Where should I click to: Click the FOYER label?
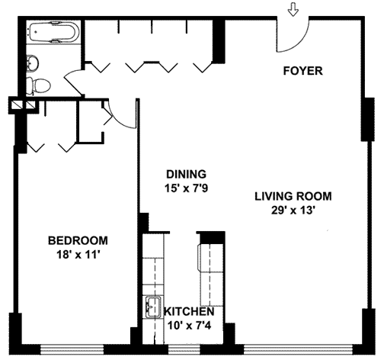[302, 71]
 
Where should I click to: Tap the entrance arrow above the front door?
[293, 10]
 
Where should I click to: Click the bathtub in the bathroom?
[54, 32]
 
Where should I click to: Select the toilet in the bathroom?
[38, 85]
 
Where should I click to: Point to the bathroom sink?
[32, 63]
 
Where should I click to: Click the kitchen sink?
[153, 307]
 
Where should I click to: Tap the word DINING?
[186, 174]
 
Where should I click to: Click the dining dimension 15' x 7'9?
[186, 188]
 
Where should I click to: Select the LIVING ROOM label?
[293, 196]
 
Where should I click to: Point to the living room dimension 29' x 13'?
[293, 211]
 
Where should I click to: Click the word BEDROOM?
[78, 240]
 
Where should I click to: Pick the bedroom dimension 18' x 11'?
[77, 255]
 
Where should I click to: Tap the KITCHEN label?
[189, 311]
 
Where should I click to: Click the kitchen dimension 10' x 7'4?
[189, 326]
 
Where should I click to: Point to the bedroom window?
[72, 349]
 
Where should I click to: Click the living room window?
[299, 349]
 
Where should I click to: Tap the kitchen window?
[184, 349]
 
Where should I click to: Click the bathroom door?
[74, 83]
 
